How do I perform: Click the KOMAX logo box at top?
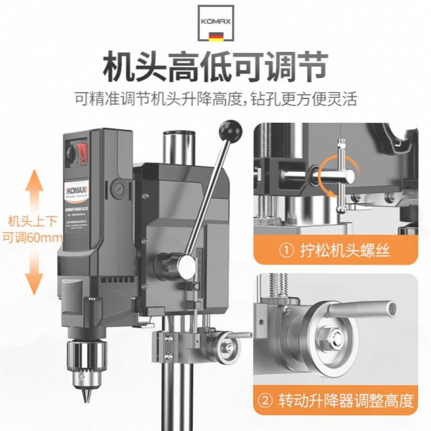point(215,25)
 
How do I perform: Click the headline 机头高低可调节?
point(215,68)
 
